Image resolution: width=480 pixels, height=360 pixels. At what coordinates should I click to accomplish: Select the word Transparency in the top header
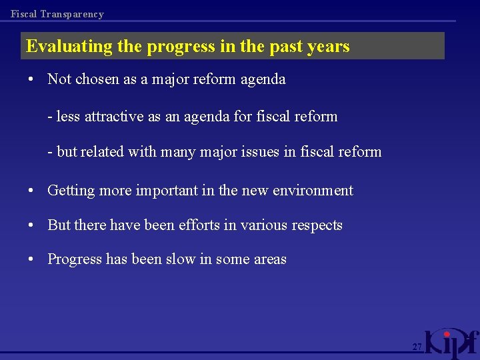point(72,14)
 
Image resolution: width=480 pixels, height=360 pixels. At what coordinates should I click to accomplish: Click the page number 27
point(417,347)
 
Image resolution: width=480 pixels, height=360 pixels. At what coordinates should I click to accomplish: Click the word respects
point(316,225)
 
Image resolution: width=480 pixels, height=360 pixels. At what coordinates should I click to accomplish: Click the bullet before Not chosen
point(31,79)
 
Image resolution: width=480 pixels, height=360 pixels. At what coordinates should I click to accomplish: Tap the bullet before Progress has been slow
point(31,259)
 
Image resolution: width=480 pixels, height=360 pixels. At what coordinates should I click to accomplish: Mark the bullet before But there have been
point(31,225)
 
